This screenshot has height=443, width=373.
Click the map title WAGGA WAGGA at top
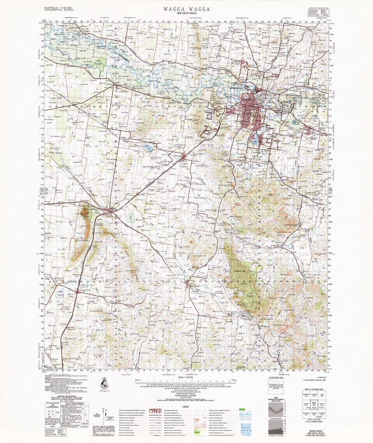click(187, 9)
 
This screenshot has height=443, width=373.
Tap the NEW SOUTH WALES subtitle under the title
click(187, 14)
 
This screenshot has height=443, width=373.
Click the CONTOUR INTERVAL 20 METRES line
click(187, 395)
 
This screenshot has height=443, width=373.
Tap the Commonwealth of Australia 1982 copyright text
click(312, 379)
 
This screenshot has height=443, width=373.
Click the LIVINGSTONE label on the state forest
click(239, 271)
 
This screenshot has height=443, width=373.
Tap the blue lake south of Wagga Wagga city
click(255, 139)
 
